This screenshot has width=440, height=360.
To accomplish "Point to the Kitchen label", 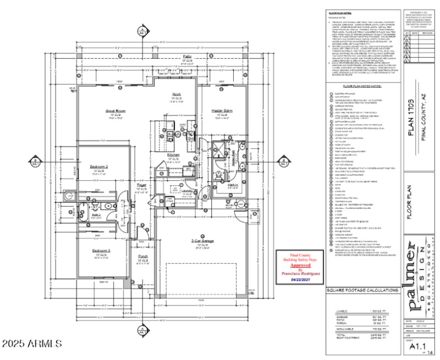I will (174, 155).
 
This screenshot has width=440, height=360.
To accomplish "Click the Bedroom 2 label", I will (99, 166).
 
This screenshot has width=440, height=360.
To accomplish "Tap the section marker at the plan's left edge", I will (34, 162).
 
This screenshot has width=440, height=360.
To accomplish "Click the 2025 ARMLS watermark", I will (32, 344).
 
